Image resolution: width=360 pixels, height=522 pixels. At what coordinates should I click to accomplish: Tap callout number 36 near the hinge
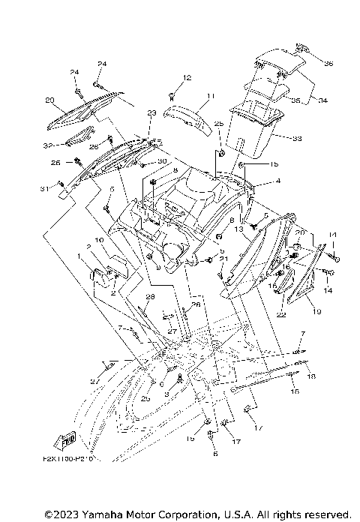coord(328,64)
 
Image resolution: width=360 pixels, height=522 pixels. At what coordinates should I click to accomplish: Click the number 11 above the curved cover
coord(190,96)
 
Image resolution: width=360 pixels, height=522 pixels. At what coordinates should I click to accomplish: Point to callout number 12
coord(187,78)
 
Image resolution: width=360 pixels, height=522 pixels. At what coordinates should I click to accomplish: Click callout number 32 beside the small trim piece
coord(47,145)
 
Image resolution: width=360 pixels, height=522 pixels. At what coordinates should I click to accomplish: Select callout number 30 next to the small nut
coord(161,162)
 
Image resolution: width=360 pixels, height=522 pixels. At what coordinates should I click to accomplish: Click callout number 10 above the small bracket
coord(98,240)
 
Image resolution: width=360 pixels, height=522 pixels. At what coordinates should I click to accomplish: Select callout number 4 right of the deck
coord(256,180)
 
